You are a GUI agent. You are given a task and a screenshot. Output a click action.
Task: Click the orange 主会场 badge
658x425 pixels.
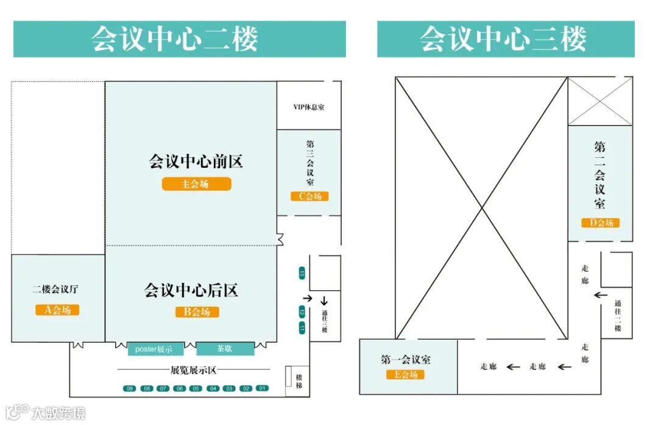(x=196, y=184)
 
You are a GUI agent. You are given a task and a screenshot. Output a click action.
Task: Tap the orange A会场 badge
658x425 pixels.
(x=57, y=310)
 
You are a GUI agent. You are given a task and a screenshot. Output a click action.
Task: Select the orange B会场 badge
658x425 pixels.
(x=197, y=312)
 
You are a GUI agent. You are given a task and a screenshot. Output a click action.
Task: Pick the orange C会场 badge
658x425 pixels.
(x=310, y=196)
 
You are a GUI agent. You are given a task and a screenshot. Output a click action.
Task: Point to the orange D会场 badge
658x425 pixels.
(x=601, y=223)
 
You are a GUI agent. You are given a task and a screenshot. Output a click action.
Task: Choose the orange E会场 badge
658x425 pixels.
(x=405, y=374)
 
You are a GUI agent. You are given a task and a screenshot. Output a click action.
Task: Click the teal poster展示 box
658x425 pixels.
(x=155, y=349)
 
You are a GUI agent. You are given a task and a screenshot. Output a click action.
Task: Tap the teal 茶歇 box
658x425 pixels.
(x=225, y=349)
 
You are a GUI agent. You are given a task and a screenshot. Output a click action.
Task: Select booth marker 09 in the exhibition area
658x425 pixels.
(x=129, y=388)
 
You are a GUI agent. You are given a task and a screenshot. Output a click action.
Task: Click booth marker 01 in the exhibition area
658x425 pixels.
(x=262, y=388)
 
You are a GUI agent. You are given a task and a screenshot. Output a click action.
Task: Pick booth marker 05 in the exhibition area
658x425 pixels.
(x=196, y=388)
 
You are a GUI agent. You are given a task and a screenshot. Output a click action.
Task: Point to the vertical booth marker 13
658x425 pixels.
(x=302, y=273)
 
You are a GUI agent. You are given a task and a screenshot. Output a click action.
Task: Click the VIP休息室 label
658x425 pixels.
(x=308, y=107)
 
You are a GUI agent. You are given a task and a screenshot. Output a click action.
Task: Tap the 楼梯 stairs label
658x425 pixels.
(x=299, y=381)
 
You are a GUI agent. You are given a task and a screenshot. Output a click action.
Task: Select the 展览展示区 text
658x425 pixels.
(x=193, y=370)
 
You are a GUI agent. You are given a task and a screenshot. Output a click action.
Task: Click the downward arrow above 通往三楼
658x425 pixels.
(x=324, y=300)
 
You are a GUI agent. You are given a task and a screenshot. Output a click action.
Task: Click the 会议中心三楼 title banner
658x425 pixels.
(x=505, y=39)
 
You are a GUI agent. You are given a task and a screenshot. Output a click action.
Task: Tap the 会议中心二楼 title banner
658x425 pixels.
(x=179, y=39)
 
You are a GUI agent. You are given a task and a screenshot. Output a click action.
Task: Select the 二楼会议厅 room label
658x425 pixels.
(x=55, y=290)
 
